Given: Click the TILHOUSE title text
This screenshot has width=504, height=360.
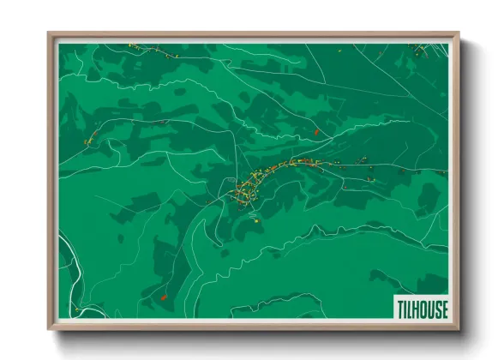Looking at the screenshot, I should pos(421,309).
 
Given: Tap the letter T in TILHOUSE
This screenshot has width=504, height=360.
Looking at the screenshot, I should pos(399,309).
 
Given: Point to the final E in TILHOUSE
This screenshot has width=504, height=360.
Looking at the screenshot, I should pos(444,309).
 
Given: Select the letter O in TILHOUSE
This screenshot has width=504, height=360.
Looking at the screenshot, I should pos(423,309).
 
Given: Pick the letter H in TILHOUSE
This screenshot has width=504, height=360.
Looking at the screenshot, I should pos(414,309).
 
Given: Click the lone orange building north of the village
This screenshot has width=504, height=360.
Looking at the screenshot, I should pos(316,132).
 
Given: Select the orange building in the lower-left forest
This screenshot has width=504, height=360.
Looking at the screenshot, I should pos(163,297).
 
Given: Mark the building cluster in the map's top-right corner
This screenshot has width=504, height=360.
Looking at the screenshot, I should pos(420,50).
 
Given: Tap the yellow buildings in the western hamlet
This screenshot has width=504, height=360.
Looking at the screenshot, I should pos(89,140).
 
